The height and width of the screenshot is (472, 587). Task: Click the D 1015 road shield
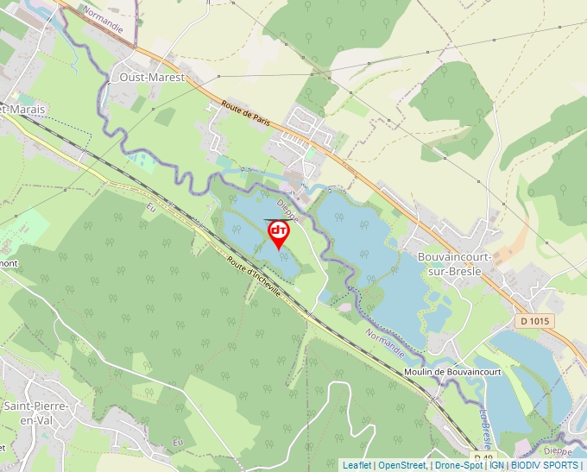click(x=536, y=321)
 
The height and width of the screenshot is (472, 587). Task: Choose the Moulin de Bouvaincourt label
click(x=451, y=372)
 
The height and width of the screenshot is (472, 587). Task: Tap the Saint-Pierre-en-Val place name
click(x=35, y=412)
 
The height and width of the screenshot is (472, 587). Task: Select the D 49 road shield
click(x=483, y=456)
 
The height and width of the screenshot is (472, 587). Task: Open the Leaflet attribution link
click(x=357, y=465)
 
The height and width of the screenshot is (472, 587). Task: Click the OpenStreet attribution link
click(x=402, y=465)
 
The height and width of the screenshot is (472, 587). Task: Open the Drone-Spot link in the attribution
click(x=459, y=465)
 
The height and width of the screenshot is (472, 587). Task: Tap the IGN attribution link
click(x=496, y=465)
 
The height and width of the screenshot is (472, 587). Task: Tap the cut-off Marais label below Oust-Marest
click(x=24, y=110)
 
